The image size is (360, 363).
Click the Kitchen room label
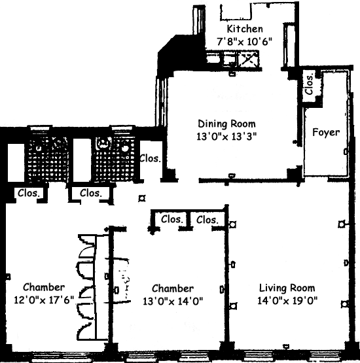tap(245, 29)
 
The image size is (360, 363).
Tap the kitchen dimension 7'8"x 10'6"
tap(244, 42)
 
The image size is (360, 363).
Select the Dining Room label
tap(226, 124)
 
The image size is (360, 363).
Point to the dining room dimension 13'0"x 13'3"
tap(226, 136)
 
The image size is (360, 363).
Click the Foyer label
tap(326, 132)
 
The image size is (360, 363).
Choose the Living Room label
tap(287, 288)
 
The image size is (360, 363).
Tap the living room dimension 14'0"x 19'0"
tap(287, 301)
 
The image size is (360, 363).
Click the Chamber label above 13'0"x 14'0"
tap(173, 288)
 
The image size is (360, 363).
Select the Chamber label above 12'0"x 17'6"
tap(44, 287)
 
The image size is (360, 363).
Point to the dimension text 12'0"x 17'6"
tap(44, 300)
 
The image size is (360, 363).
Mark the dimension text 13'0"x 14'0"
tap(173, 301)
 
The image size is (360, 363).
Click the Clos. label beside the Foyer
tap(310, 84)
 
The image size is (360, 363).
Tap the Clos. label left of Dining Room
tap(150, 158)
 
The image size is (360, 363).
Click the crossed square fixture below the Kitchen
tap(249, 59)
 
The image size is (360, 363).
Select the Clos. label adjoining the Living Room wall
tap(207, 220)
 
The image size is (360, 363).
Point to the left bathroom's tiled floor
tap(48, 159)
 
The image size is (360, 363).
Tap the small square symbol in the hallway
tap(142, 198)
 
